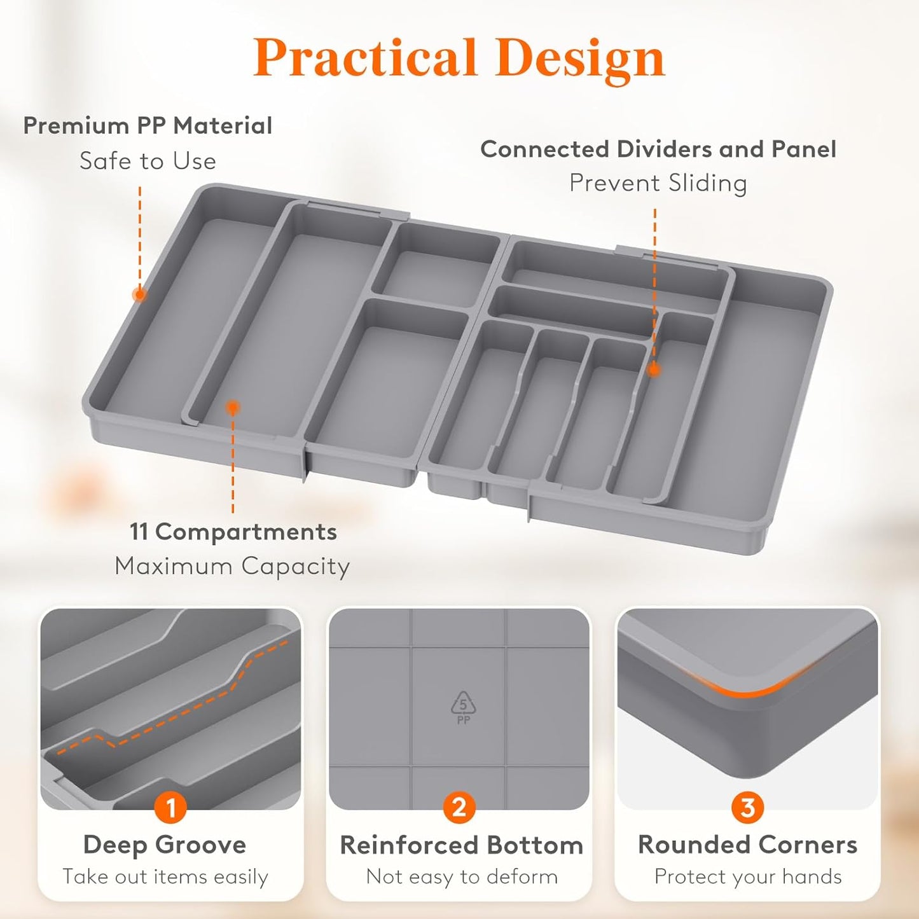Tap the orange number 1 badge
(170, 807)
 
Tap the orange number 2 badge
(459, 807)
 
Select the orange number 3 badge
(747, 807)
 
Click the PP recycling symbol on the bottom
(463, 707)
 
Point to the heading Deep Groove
(165, 845)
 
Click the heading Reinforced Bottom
(461, 845)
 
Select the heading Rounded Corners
(747, 845)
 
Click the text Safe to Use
(148, 161)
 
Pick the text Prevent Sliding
(658, 183)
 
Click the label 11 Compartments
(233, 532)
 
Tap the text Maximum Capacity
(232, 566)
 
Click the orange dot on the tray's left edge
(139, 294)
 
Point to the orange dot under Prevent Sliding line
(654, 370)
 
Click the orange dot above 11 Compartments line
(233, 408)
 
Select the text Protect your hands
(748, 876)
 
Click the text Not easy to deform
(462, 876)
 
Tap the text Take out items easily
(165, 876)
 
